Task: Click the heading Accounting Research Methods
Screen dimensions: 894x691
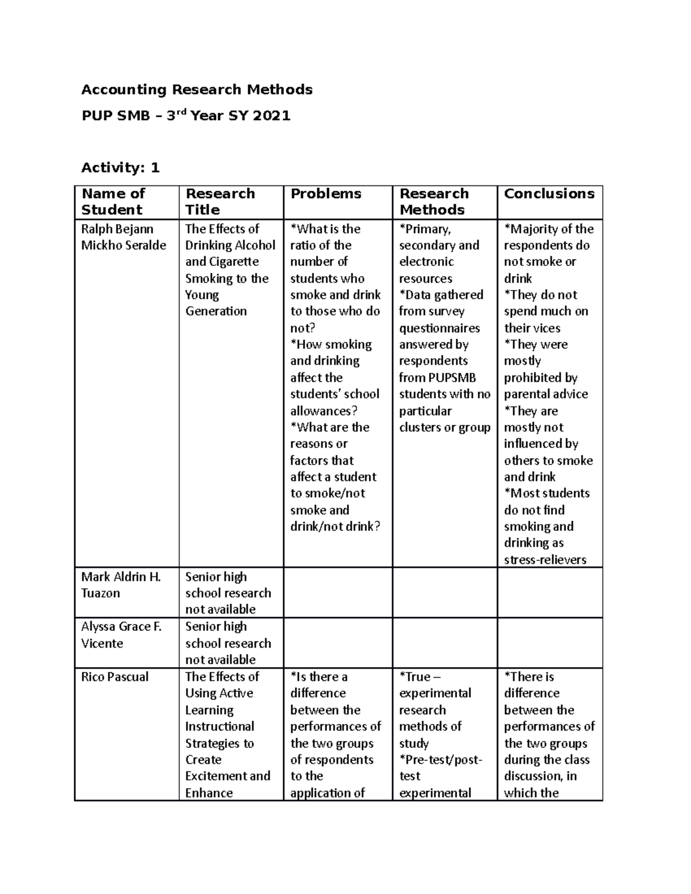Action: [x=197, y=89]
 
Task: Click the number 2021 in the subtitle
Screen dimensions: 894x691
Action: [x=272, y=116]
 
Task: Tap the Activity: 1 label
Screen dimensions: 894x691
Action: [x=120, y=168]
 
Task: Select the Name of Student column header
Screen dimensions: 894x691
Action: [x=113, y=201]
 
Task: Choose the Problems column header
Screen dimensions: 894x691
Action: [x=326, y=193]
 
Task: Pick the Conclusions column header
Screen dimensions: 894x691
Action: [x=549, y=193]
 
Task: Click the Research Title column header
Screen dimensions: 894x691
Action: [x=220, y=201]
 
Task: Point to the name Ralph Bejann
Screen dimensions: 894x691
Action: [x=117, y=229]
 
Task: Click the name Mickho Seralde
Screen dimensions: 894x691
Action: [x=124, y=245]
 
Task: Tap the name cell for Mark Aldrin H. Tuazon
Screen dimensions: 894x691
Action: [x=121, y=584]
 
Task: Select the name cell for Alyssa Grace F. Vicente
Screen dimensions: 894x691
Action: [x=121, y=634]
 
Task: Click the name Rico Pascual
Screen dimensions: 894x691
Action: [x=115, y=676]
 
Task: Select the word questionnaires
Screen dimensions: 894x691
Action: [x=439, y=328]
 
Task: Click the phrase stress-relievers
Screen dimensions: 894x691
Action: [x=545, y=560]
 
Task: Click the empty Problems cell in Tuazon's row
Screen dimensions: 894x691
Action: [x=338, y=593]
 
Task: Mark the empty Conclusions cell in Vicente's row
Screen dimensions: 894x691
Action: [x=549, y=643]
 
